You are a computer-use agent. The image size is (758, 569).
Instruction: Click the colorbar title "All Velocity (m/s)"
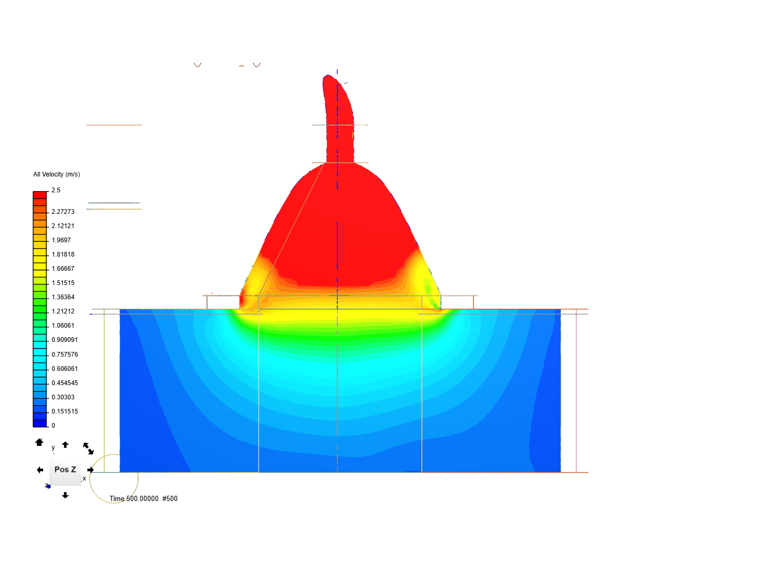point(56,174)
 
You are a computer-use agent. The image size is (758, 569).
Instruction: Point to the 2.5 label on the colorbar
point(56,190)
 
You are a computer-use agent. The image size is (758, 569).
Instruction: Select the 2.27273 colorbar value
point(63,211)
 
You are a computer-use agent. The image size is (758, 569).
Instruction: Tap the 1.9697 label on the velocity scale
point(61,240)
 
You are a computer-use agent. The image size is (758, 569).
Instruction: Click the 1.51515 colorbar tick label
point(63,282)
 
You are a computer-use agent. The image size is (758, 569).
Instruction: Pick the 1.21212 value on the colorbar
point(63,311)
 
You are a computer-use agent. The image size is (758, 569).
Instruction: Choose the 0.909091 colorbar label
point(65,340)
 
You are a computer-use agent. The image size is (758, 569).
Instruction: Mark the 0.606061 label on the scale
point(65,368)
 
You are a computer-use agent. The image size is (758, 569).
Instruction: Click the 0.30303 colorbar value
point(63,397)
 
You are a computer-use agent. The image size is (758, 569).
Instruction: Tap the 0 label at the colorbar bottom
point(53,425)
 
